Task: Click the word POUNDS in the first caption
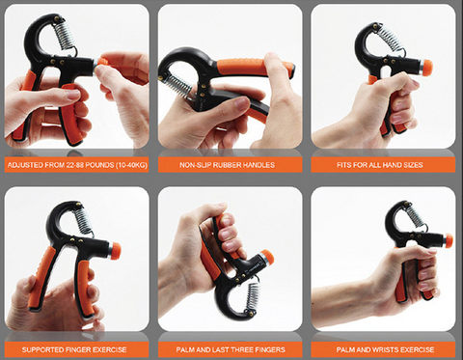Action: (x=99, y=165)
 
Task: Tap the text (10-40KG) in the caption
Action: (x=131, y=165)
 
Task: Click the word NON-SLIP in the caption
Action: (x=196, y=165)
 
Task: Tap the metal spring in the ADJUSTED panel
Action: (x=65, y=35)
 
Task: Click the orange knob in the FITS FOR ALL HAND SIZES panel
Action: (x=426, y=68)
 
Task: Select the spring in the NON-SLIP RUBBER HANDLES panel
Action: (x=177, y=86)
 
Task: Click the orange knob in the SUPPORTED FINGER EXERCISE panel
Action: (x=116, y=251)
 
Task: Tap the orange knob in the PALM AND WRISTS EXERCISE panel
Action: (x=449, y=240)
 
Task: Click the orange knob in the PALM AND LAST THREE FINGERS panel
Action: (x=268, y=257)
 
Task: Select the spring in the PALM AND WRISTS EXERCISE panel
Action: (x=416, y=215)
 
